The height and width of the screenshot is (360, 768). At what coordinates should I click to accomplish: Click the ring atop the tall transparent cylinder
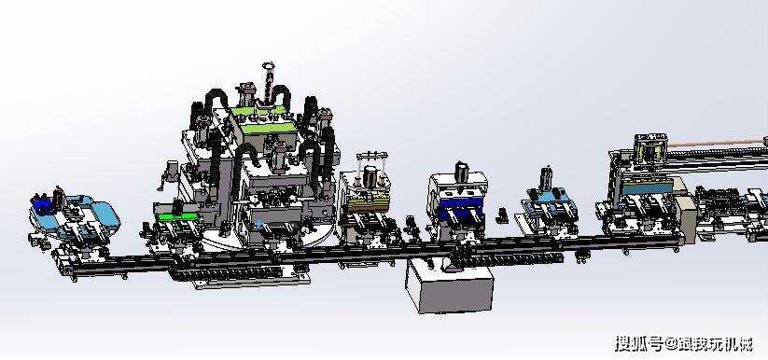coord(269,66)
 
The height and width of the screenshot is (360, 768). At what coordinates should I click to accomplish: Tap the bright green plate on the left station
coord(177,216)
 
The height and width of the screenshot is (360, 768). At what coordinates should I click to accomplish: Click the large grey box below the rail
coord(449,285)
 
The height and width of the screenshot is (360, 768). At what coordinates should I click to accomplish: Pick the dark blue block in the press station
coord(461,208)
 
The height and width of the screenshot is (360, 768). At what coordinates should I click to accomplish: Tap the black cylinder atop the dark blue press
coord(461,172)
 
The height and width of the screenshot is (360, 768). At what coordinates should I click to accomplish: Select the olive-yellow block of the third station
coord(369,203)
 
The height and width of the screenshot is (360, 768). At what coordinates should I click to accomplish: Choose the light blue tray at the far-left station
coord(75,215)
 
